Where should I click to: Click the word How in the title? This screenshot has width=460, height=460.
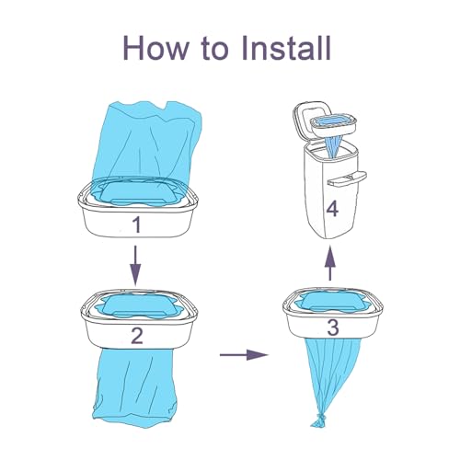(156, 48)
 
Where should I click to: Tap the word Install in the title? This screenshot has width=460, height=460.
(286, 48)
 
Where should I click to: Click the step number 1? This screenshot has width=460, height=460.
(137, 224)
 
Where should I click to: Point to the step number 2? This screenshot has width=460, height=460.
(137, 336)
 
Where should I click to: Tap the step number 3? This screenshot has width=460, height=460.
(333, 328)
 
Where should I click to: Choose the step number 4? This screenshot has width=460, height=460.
(332, 210)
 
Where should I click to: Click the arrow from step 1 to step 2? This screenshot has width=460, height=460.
(135, 265)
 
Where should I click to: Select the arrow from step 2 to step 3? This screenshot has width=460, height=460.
(244, 355)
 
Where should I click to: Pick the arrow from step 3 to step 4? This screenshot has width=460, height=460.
(330, 262)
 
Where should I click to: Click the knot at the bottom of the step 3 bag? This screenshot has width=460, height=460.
(319, 419)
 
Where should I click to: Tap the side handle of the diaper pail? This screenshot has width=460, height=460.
(348, 178)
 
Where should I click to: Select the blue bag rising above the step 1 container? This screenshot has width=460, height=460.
(153, 142)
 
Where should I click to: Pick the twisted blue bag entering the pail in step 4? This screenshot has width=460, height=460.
(333, 144)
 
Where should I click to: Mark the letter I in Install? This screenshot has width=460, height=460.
(245, 48)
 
